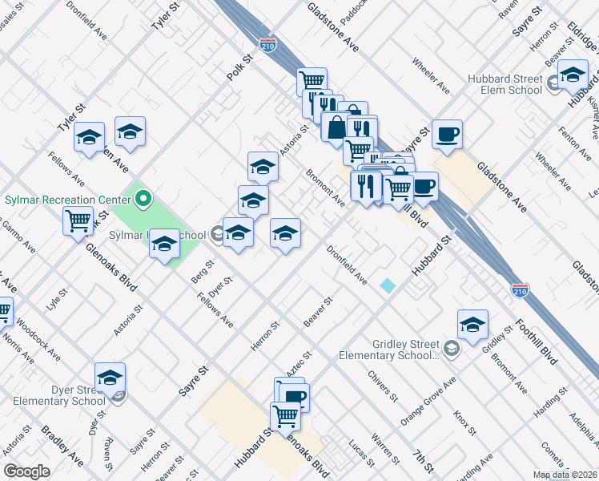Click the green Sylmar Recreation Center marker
pos(144,197)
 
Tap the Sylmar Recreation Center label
pos(67,199)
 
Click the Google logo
pos(26,471)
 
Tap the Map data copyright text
pos(565,475)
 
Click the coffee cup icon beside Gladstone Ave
pos(447,133)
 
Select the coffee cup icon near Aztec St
pos(295,396)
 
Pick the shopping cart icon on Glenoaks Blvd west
pos(78,220)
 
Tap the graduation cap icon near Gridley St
pos(473,324)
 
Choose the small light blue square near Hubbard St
pos(388,285)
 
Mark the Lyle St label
pos(54,301)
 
